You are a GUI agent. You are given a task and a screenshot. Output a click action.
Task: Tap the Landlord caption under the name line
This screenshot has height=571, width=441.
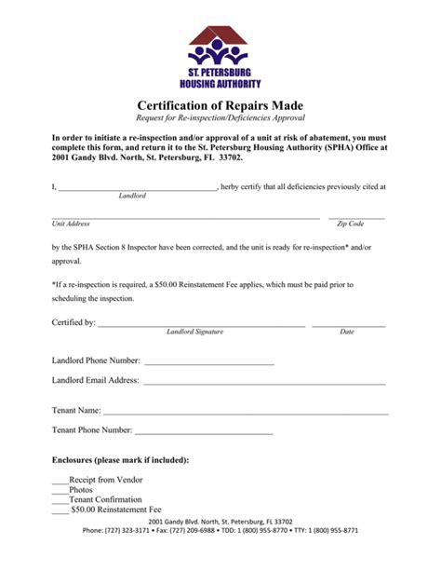(x=132, y=196)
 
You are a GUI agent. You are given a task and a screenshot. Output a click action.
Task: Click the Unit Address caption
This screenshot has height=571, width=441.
(x=71, y=224)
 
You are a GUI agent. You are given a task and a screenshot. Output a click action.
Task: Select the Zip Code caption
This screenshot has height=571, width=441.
(x=350, y=224)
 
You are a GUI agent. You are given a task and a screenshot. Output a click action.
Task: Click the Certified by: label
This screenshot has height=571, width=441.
(x=73, y=322)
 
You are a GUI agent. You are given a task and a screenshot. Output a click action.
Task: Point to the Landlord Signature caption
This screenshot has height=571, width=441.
(x=194, y=332)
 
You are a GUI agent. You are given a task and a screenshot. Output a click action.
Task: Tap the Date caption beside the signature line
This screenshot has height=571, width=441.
(x=347, y=332)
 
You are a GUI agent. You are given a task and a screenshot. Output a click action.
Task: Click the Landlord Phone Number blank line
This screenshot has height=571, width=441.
(x=208, y=361)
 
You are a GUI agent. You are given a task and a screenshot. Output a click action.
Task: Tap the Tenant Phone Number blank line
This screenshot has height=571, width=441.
(x=204, y=432)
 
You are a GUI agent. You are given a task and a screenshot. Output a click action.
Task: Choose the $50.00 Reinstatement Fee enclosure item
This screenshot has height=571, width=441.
(x=116, y=510)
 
